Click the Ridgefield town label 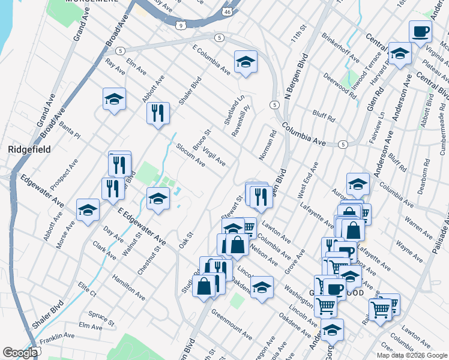(x=29, y=149)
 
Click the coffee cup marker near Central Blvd (x=420, y=31)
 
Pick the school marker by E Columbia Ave (x=246, y=62)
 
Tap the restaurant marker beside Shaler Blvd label (x=158, y=113)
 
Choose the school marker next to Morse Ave (x=88, y=210)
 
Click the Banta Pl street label (x=70, y=131)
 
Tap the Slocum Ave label (x=190, y=155)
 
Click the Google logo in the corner (x=20, y=352)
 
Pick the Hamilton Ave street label (x=128, y=287)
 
